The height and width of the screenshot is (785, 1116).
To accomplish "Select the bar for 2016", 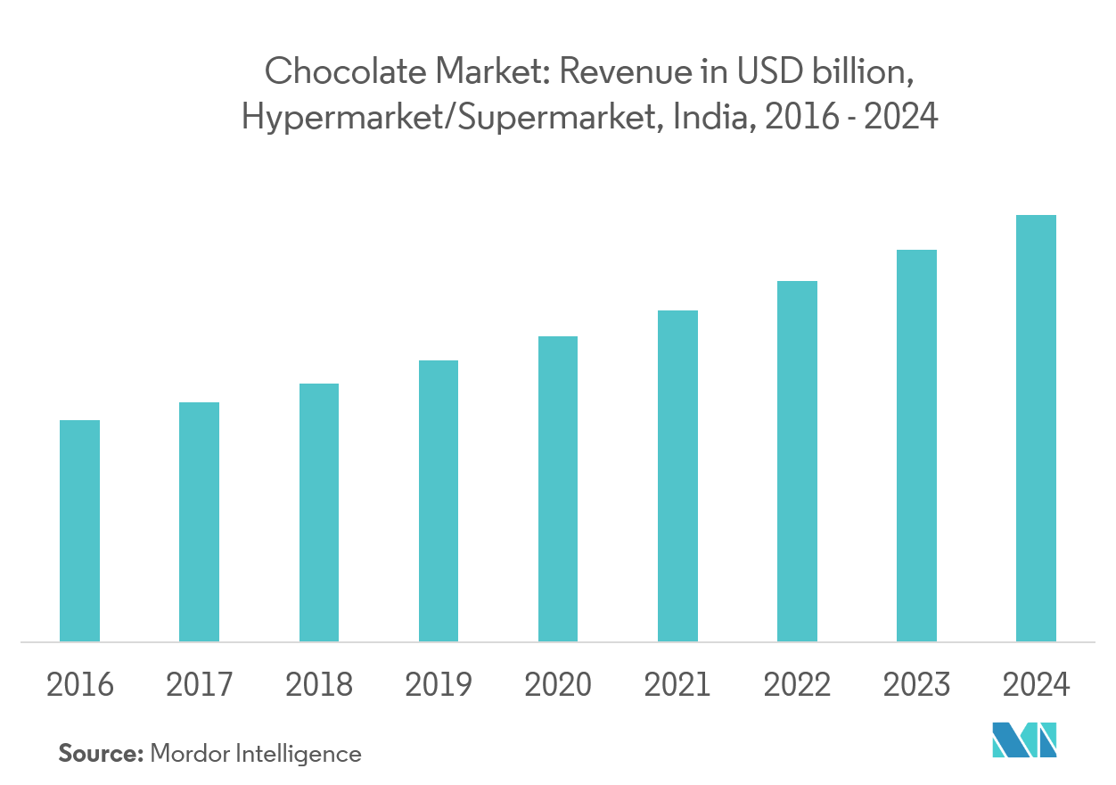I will [x=79, y=531].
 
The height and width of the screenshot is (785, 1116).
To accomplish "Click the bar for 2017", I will [x=199, y=522].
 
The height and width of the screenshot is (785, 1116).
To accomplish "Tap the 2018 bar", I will [x=319, y=513].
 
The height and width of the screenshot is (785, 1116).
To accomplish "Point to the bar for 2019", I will [x=439, y=501].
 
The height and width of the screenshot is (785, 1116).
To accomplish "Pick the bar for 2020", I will [x=558, y=489].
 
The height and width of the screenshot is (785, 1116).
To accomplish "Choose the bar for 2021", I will [x=677, y=476].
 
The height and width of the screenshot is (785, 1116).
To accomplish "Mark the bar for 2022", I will [x=797, y=461].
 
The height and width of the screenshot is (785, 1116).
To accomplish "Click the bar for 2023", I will [x=916, y=446].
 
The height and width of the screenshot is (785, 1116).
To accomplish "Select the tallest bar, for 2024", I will [x=1036, y=428].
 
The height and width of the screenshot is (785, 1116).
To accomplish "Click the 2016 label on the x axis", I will [x=79, y=685].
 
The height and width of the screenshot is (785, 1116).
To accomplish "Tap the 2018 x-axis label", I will [x=319, y=685].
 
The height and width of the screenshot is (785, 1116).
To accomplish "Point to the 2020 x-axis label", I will [x=558, y=685].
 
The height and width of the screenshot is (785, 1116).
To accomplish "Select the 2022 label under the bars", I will [x=797, y=685].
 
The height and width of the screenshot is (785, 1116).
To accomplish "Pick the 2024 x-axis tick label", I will [x=1036, y=685].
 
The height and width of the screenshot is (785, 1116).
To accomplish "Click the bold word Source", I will [x=100, y=754].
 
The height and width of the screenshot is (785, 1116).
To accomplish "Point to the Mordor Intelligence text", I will [x=256, y=754].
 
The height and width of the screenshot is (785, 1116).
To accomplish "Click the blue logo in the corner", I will [x=1024, y=740].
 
